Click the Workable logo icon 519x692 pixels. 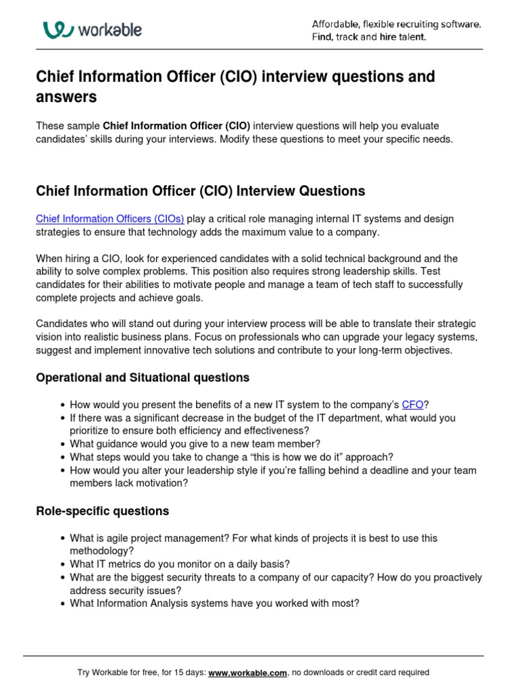58,29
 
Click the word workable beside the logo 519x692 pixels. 110,30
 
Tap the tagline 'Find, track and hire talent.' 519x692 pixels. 369,37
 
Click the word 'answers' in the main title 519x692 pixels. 66,97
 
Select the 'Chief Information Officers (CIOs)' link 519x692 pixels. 109,219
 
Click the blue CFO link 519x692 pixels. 412,405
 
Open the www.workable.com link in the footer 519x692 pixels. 248,672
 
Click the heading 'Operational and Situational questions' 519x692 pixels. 143,377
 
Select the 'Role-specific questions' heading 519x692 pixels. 102,511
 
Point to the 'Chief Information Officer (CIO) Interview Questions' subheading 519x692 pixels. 200,191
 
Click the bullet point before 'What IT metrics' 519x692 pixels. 62,564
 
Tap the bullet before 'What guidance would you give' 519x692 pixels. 62,444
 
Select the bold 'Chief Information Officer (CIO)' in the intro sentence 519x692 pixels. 176,126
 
